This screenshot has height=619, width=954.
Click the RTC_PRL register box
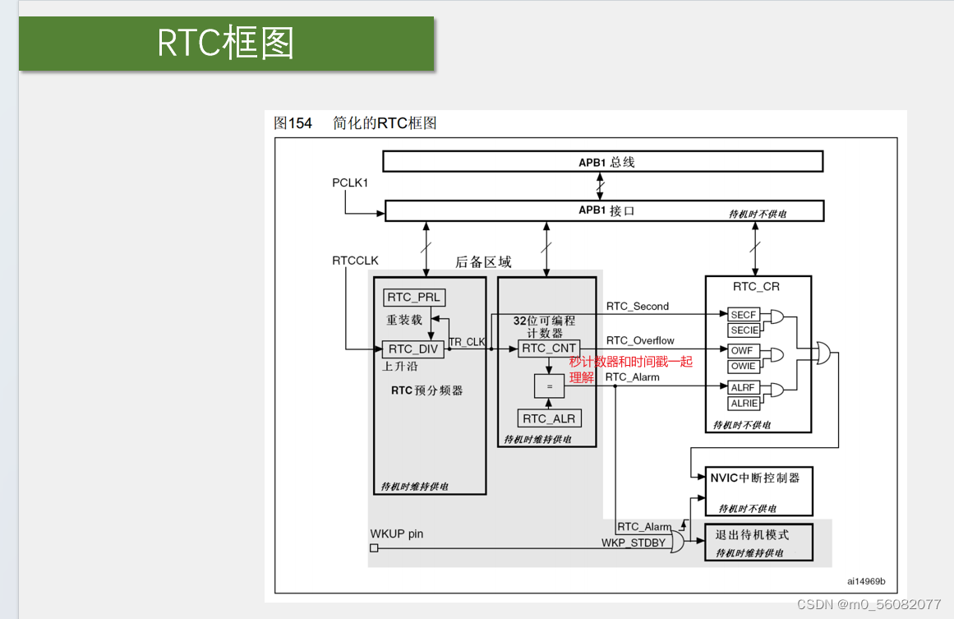413,297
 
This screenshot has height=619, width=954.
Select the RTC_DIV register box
412,349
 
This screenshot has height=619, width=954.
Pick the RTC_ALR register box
549,418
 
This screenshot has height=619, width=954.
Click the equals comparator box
550,386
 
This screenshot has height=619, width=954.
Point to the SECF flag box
744,315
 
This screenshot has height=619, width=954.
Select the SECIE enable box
744,330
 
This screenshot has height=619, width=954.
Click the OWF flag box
744,351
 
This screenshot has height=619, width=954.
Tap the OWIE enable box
744,367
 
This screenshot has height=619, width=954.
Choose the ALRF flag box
744,387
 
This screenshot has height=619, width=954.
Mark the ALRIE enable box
744,404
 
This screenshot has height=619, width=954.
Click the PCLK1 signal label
350,182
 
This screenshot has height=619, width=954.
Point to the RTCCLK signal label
355,261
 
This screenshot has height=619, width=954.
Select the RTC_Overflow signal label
640,340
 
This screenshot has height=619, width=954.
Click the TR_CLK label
467,341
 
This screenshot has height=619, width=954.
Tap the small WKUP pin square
374,548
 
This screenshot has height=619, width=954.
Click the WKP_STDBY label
633,543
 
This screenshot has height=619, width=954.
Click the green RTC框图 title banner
226,44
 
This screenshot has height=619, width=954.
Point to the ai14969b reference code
866,581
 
